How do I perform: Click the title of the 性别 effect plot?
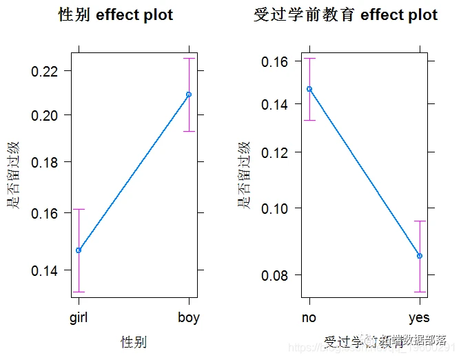click(x=115, y=14)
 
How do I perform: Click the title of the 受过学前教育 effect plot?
click(x=345, y=14)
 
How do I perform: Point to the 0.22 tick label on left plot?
click(x=46, y=71)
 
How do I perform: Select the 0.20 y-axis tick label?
click(x=46, y=115)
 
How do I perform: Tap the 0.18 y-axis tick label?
click(x=46, y=162)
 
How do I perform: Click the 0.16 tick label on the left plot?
click(x=46, y=213)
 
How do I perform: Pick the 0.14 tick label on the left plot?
click(x=46, y=270)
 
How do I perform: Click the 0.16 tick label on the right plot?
click(x=277, y=61)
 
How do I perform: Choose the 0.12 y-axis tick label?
click(x=277, y=152)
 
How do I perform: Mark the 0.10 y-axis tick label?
click(x=277, y=208)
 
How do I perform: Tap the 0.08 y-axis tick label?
click(x=277, y=275)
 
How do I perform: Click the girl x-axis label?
click(x=79, y=318)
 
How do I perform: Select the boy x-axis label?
click(x=188, y=318)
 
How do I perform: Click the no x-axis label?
click(x=309, y=318)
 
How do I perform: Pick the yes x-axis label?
click(x=419, y=318)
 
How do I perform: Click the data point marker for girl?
click(x=79, y=250)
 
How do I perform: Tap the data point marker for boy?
click(x=189, y=94)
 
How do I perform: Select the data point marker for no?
click(x=309, y=89)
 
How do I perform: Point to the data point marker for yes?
click(x=419, y=256)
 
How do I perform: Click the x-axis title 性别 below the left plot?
click(x=134, y=341)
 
